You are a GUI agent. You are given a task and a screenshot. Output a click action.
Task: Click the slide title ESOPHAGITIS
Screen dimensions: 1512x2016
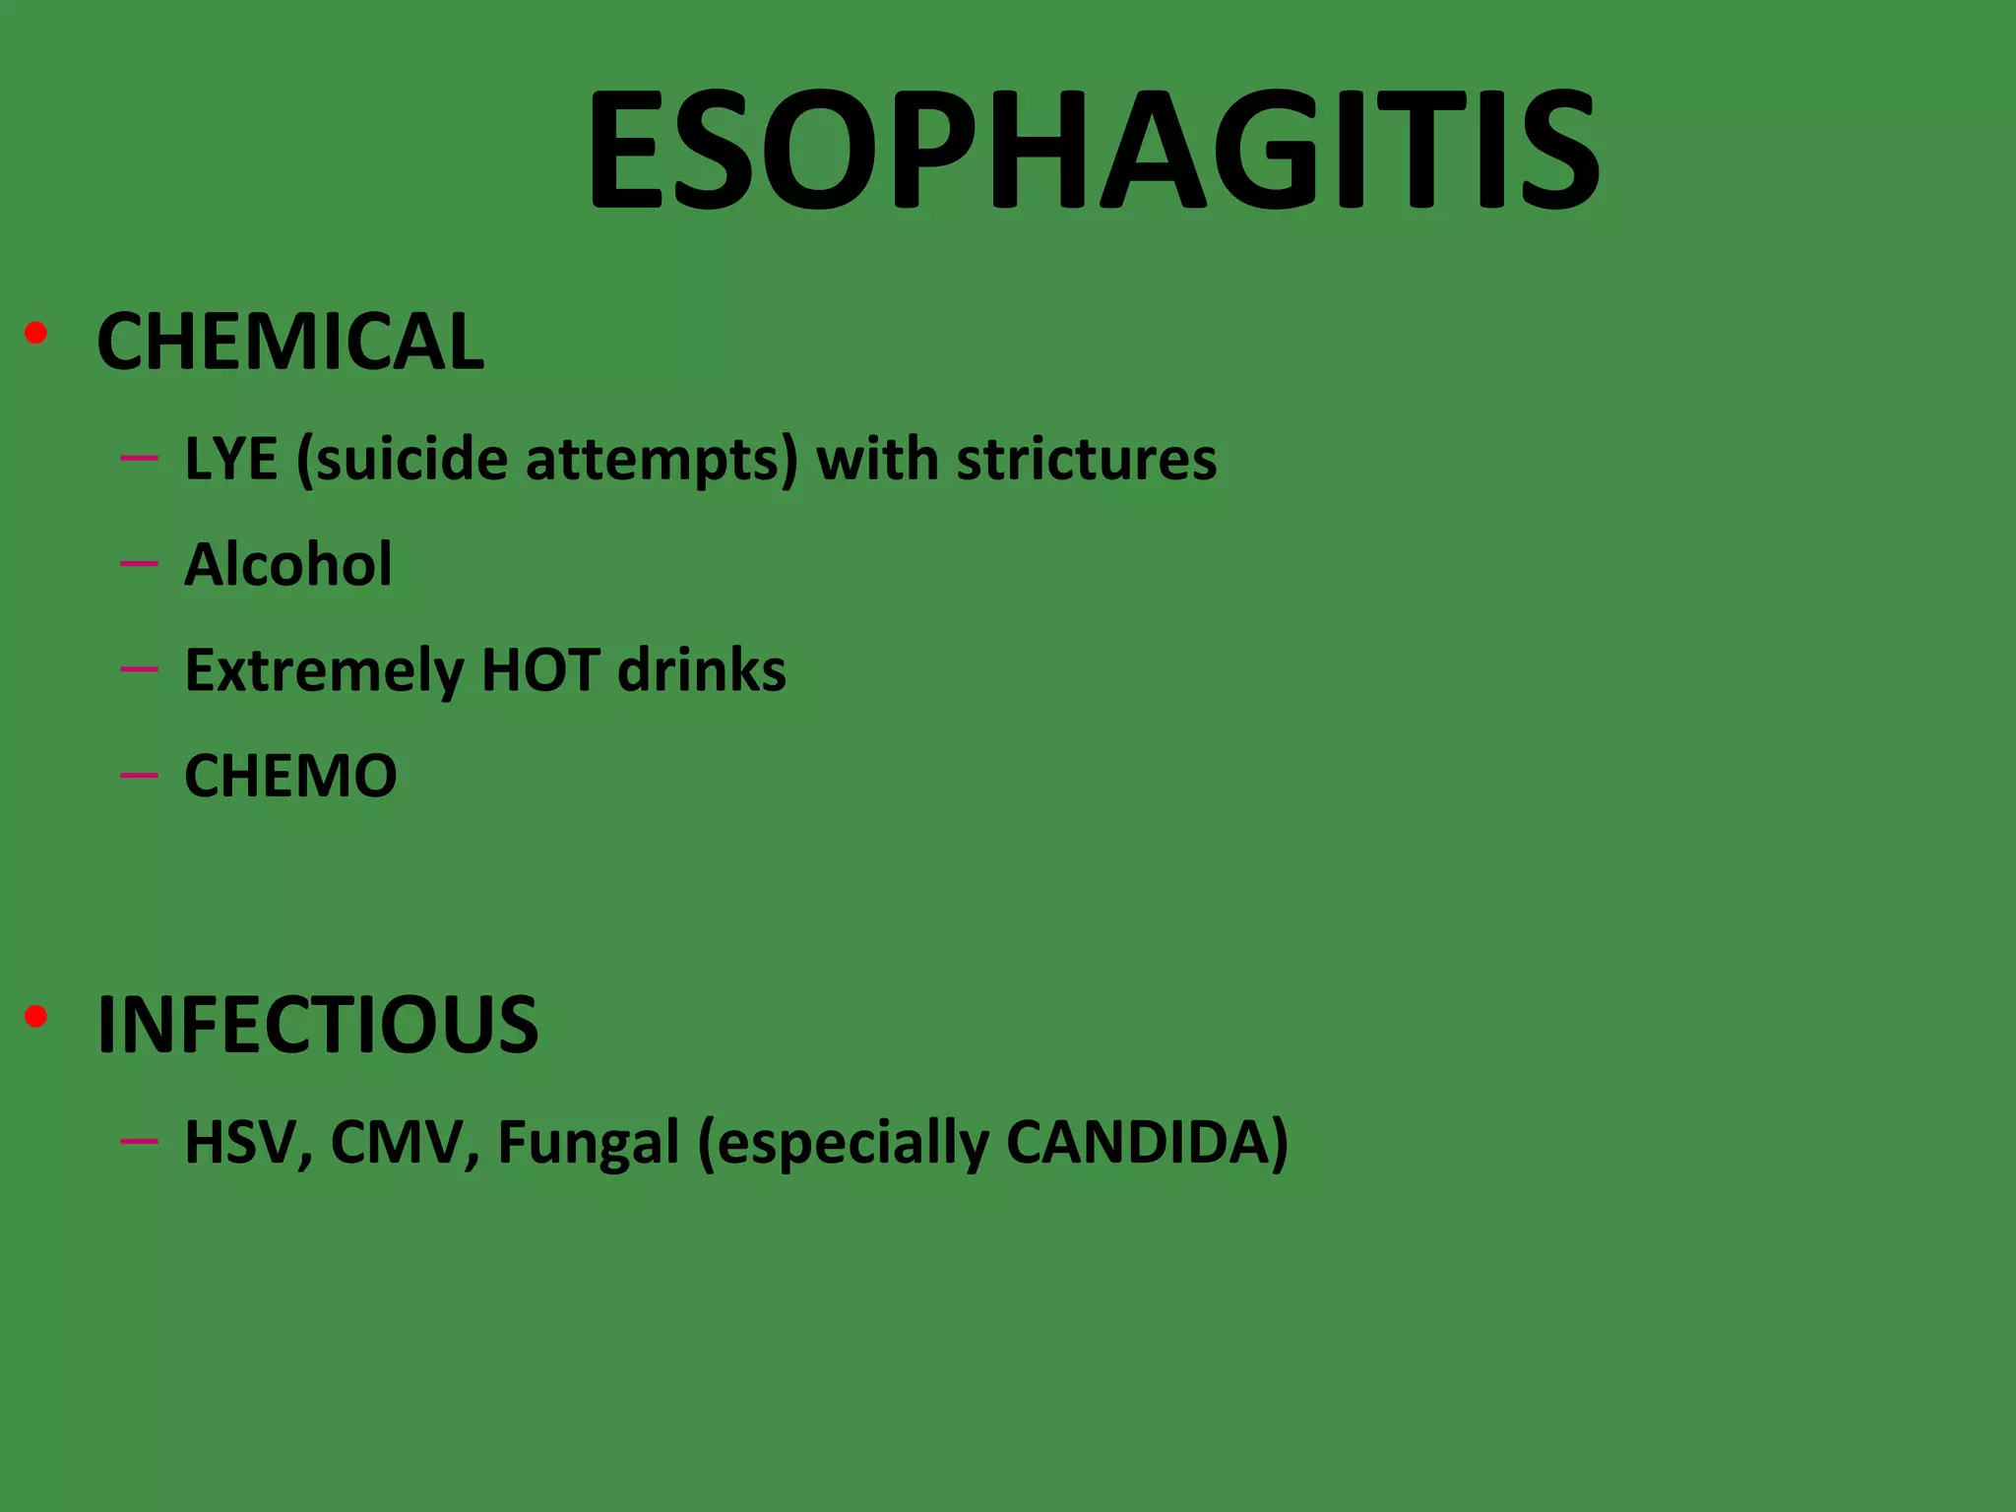coord(1093,150)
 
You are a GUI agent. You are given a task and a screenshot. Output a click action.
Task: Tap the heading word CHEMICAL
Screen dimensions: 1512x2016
coord(290,342)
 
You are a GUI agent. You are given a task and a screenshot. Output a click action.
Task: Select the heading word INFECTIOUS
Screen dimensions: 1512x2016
coord(317,1025)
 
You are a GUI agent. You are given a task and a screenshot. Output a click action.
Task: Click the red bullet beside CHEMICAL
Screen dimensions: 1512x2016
coord(36,334)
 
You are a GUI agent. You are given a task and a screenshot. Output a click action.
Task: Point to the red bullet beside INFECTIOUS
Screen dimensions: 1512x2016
coord(36,1017)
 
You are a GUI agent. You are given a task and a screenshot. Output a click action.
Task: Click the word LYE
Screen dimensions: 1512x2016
coord(231,459)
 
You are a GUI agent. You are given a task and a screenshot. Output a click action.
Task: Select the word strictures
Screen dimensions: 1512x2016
coord(1087,459)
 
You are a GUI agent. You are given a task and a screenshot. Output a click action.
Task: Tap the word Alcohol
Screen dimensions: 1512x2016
coord(287,564)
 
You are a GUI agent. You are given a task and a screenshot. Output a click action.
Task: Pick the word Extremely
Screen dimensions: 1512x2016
coord(323,671)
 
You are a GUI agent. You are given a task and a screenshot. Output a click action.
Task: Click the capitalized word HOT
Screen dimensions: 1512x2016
coord(540,669)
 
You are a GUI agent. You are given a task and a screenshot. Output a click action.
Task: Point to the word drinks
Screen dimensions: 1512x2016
coord(702,669)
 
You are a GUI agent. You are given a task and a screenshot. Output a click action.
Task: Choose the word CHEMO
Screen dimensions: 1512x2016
coord(290,776)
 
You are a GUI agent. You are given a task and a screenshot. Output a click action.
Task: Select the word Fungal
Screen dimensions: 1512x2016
coord(588,1145)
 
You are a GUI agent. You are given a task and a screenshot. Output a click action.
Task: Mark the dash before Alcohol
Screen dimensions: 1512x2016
coord(139,564)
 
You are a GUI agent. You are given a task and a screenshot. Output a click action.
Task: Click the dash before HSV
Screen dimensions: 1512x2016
coord(139,1141)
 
